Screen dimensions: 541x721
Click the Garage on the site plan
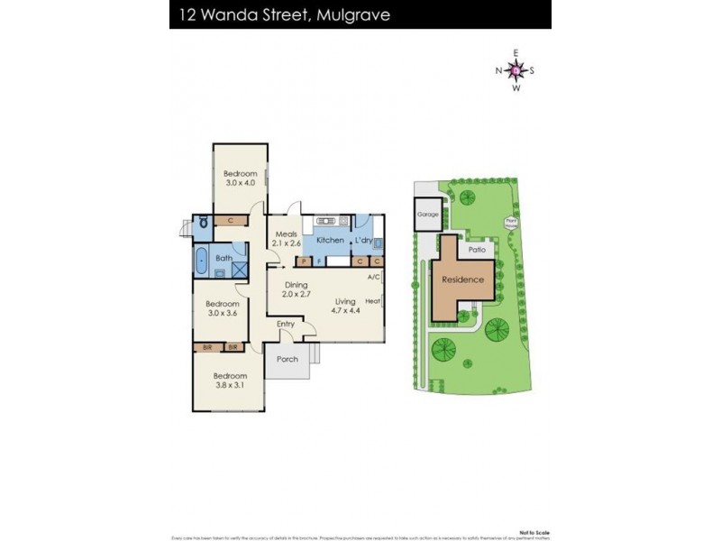pos(427,215)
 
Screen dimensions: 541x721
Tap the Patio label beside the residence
pos(475,249)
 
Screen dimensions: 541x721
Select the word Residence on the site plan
pos(462,280)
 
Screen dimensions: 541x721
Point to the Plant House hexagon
pos(511,221)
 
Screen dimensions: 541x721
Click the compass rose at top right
pos(516,70)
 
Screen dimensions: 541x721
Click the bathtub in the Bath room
pos(202,264)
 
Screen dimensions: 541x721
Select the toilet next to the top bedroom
pos(204,221)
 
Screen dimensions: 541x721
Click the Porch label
pos(287,359)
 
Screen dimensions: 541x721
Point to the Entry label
pos(286,324)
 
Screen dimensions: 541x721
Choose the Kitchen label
pos(330,240)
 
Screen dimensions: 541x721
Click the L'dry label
pos(363,240)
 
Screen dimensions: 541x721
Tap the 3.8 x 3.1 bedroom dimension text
pos(230,385)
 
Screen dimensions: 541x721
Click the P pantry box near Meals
pos(303,261)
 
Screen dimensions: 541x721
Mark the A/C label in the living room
pos(373,277)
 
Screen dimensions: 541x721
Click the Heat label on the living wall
pos(372,301)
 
